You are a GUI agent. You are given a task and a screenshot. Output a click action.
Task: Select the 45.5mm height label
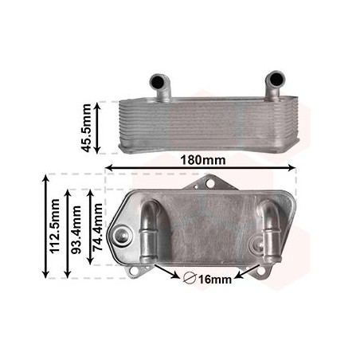click(x=85, y=127)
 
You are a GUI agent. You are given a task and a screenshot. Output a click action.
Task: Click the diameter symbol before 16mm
click(x=190, y=279)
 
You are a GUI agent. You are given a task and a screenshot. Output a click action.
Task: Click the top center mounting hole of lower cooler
click(x=210, y=184)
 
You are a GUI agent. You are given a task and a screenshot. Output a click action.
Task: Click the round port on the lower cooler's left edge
click(x=123, y=236)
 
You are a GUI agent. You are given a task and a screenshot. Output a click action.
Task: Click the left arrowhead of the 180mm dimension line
click(x=110, y=168)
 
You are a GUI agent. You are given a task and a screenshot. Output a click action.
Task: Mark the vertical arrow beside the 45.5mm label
click(x=97, y=127)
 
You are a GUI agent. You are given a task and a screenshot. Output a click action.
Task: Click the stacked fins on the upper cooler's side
click(x=207, y=123)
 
